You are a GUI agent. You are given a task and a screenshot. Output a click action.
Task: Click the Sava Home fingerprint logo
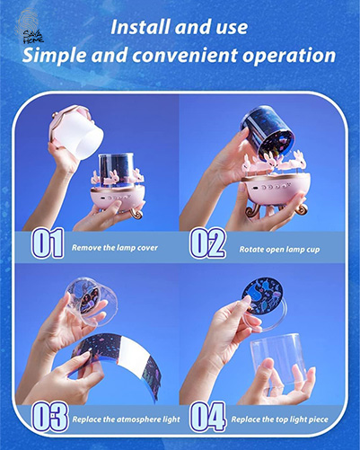[x=29, y=26]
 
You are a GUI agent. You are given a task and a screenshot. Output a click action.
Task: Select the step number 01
[x=48, y=243]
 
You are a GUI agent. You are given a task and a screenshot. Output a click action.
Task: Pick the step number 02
[x=207, y=243]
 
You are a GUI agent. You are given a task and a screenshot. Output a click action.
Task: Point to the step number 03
[x=50, y=417]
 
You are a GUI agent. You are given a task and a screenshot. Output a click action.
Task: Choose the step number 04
[x=207, y=417]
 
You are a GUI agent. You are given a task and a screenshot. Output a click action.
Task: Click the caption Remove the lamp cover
[x=115, y=248]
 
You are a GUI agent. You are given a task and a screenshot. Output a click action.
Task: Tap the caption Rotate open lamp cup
[x=279, y=250]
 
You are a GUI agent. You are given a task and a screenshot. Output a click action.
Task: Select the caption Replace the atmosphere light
[x=126, y=419]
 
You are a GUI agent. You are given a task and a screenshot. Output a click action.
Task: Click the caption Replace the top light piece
[x=279, y=419]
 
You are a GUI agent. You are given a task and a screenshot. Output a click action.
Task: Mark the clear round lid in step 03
[x=91, y=300]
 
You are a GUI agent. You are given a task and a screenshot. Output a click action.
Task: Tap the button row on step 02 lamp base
[x=271, y=187]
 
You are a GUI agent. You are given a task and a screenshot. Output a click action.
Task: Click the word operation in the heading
[x=289, y=56]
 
